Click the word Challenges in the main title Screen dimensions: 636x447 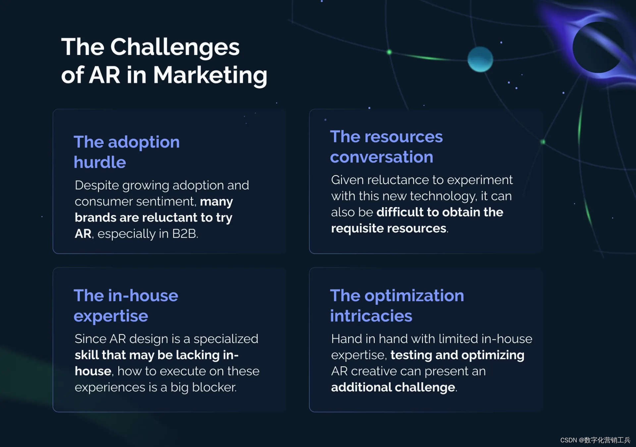pos(175,47)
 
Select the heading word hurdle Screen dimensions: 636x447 pos(100,162)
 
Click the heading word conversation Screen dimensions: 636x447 pos(382,157)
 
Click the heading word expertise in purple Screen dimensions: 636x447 pos(111,316)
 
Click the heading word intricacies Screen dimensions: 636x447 pos(371,316)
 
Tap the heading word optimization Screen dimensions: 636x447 pos(414,296)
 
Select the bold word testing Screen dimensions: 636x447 pos(411,355)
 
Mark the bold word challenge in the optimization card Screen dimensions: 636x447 pos(425,387)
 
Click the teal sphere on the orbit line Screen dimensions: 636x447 pos(480,59)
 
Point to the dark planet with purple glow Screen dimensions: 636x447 pos(598,47)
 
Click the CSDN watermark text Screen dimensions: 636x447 pos(595,440)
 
